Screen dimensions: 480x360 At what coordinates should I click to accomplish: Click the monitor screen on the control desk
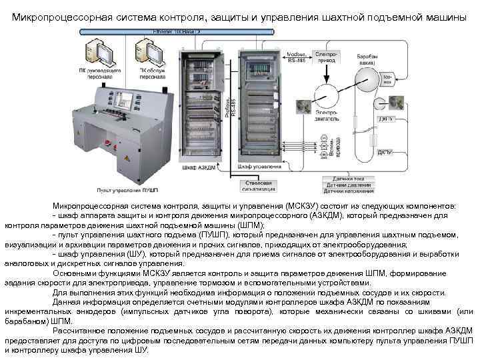tap(125, 99)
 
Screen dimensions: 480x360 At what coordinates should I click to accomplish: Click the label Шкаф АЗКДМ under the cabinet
tap(197, 168)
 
